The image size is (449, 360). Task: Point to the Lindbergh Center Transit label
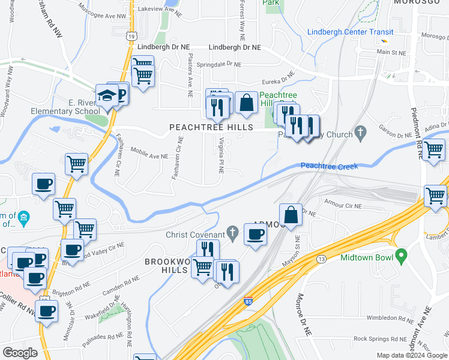coord(350,32)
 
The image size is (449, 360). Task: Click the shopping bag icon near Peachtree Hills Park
coord(246,103)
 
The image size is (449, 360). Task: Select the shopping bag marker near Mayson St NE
coord(291,215)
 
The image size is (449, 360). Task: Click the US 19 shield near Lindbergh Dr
coord(130,36)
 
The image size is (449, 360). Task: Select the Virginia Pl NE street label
coord(221,155)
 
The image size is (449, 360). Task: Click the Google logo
coord(20,352)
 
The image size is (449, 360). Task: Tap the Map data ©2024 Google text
coord(411,355)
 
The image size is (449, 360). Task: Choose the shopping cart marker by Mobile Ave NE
coord(76,163)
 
